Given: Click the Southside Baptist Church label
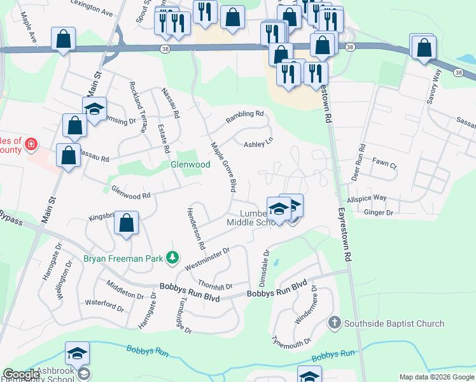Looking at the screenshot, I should pos(394,323).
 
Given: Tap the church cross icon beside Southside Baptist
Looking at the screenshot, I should pos(335,323).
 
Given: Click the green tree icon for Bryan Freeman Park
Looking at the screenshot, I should pos(171,258).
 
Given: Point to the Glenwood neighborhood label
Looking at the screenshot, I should pos(190,164).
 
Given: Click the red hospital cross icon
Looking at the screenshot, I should pos(29,146).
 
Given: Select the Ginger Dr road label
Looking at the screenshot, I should pos(378,213).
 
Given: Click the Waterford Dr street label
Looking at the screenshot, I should pos(104,306).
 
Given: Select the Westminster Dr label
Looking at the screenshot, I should pos(206,259).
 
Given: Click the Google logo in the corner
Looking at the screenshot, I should pos(21,375).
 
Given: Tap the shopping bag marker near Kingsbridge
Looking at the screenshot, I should pos(127,223).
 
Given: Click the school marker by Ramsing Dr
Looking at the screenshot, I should pos(94,110).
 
